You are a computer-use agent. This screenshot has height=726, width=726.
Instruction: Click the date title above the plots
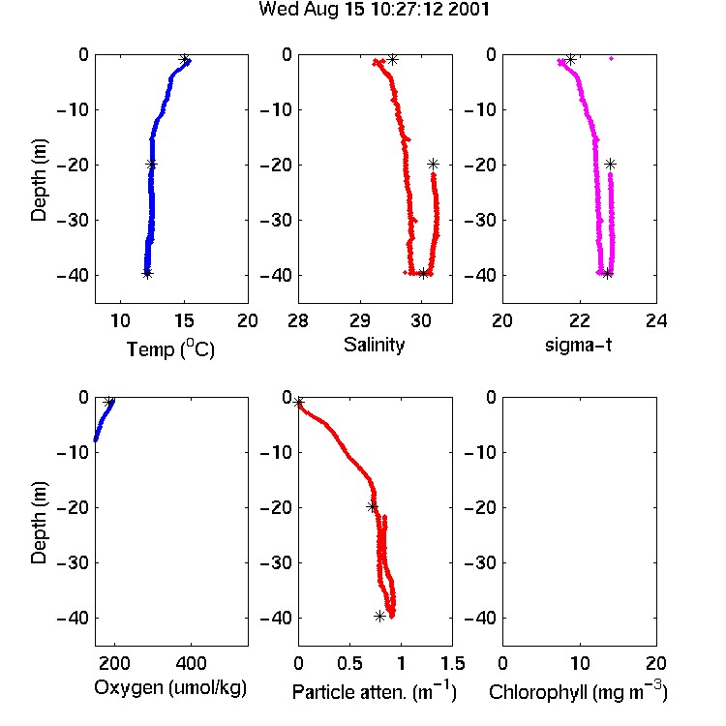tap(374, 9)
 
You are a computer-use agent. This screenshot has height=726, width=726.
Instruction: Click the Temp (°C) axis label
tap(170, 348)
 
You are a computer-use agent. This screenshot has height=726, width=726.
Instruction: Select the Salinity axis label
tap(374, 345)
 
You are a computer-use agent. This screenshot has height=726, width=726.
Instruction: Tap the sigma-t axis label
tap(578, 345)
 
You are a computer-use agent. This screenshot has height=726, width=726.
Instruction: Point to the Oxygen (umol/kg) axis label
tap(170, 688)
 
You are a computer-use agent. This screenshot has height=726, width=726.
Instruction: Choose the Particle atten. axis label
tap(374, 691)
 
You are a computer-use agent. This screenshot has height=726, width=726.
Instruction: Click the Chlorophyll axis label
tap(578, 691)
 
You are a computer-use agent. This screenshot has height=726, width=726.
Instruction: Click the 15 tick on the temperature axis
tap(184, 320)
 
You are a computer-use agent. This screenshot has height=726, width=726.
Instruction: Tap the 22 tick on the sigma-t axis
tap(579, 320)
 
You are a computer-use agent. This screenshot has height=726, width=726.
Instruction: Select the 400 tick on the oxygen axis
tap(191, 663)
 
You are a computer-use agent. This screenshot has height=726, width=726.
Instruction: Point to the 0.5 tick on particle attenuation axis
tap(349, 663)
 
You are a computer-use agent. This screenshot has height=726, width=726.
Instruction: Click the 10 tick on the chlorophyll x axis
tap(579, 663)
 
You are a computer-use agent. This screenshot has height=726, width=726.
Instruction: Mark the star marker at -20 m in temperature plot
tap(151, 164)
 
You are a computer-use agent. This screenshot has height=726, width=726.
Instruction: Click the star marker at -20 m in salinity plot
tap(433, 164)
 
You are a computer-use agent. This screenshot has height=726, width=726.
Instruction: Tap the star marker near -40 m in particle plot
tap(379, 616)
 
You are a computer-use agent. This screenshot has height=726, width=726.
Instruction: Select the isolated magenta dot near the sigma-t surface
tap(611, 58)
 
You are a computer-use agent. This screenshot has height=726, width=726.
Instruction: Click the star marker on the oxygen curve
tap(108, 402)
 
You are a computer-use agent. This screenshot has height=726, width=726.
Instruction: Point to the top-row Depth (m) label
tap(39, 180)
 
